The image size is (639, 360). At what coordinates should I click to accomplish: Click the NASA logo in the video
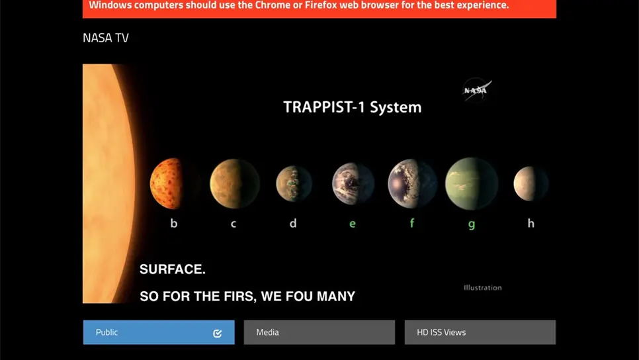tap(476, 90)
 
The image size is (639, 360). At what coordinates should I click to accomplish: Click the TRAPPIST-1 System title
tap(352, 107)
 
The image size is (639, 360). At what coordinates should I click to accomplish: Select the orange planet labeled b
tap(167, 183)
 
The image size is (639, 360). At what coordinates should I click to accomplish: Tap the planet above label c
tap(234, 183)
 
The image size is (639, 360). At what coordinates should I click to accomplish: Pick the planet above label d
tap(294, 183)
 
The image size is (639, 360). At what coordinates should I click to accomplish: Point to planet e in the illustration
tap(353, 183)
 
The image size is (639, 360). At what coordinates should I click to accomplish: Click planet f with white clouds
tap(412, 183)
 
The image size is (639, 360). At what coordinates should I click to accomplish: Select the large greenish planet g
tap(471, 183)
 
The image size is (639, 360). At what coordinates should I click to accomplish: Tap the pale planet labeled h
tap(531, 183)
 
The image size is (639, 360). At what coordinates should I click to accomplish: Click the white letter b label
tap(174, 224)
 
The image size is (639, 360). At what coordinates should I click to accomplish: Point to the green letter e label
tap(353, 224)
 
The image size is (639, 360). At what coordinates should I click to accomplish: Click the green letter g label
tap(472, 224)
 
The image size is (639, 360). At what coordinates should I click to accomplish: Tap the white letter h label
tap(531, 224)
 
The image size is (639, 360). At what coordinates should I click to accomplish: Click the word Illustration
tap(482, 288)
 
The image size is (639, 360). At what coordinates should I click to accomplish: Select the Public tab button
tap(158, 332)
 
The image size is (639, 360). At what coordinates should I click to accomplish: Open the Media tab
tap(319, 332)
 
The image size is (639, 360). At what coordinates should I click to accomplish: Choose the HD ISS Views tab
tap(480, 332)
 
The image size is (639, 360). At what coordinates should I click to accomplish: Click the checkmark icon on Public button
tap(218, 333)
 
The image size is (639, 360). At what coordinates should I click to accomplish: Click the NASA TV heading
tap(106, 38)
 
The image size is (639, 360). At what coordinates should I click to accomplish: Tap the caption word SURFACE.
tap(173, 269)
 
